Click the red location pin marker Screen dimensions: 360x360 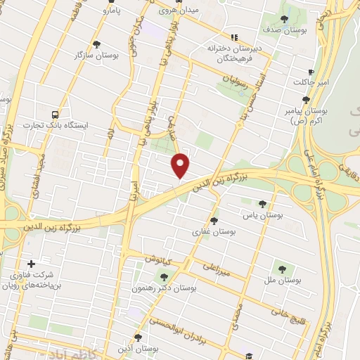[181, 165]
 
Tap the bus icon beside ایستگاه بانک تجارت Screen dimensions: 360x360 [55, 113]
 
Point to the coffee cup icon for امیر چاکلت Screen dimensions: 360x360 [311, 72]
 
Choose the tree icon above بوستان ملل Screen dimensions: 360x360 [283, 268]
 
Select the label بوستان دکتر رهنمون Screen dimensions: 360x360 [165, 288]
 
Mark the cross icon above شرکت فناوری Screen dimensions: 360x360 [31, 262]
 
